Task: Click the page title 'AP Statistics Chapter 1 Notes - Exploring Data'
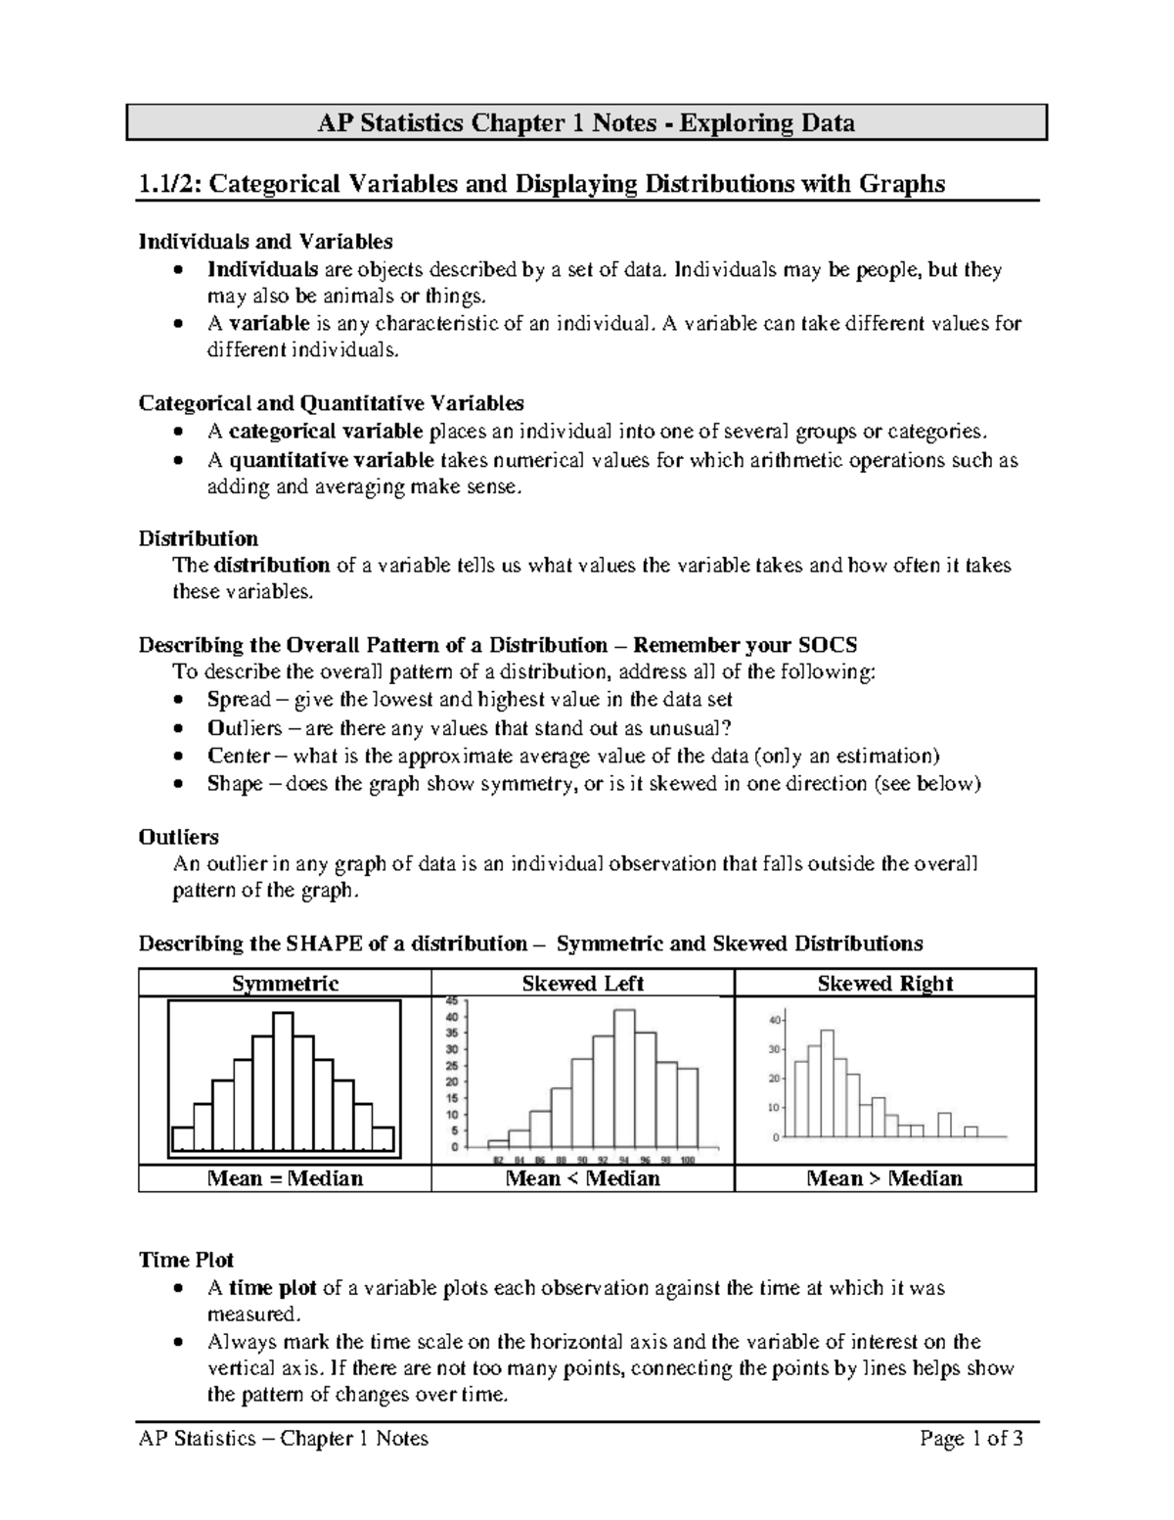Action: tap(586, 123)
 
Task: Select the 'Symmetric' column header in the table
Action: tap(285, 984)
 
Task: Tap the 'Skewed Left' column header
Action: tap(582, 984)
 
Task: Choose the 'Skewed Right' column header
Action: tap(884, 984)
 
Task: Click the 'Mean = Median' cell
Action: tap(285, 1178)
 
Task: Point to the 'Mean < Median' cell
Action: tap(582, 1178)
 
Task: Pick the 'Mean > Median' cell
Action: tap(884, 1178)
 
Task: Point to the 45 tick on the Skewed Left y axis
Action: tap(452, 1001)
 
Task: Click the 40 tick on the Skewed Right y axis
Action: tap(774, 1020)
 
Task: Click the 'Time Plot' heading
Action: tap(186, 1260)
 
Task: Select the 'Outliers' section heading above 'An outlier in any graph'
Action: tap(178, 838)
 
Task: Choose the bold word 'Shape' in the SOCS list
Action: tap(235, 784)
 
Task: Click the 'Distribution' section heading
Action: tap(198, 539)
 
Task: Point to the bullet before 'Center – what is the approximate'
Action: tap(176, 757)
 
